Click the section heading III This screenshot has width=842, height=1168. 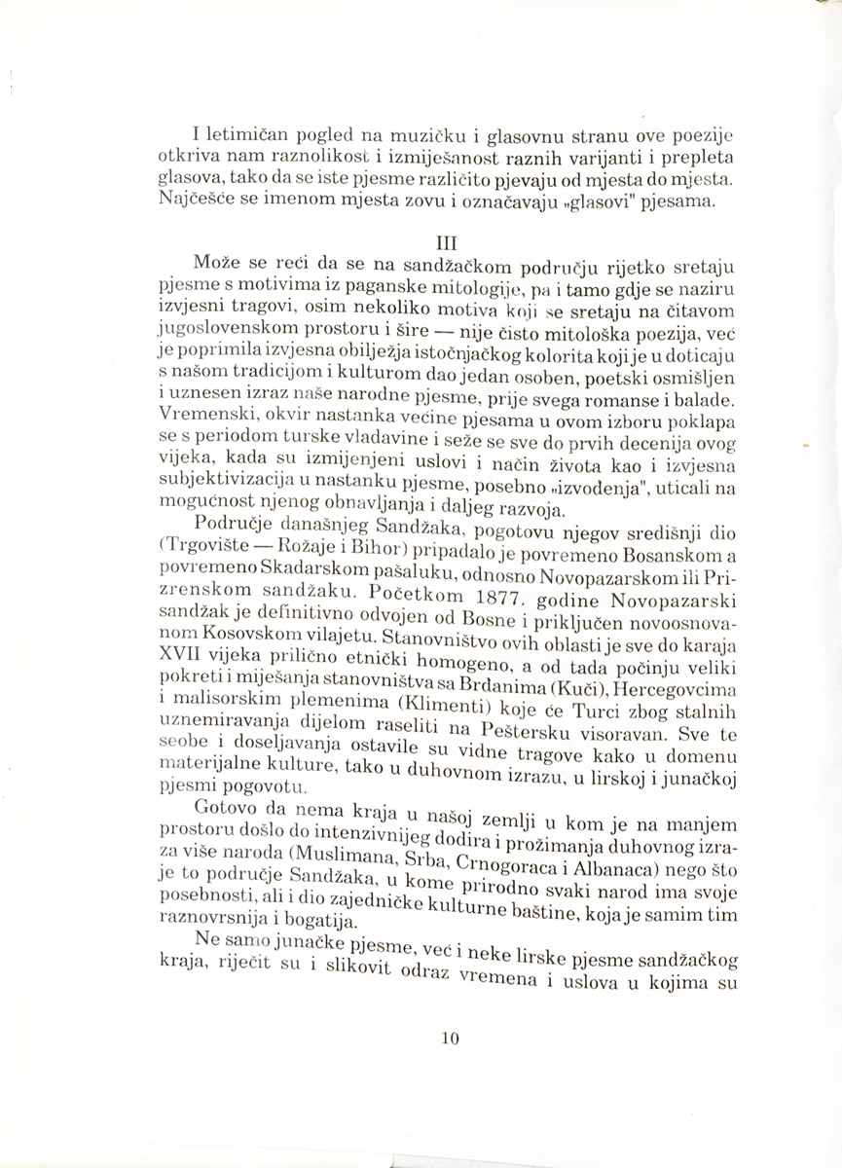450,240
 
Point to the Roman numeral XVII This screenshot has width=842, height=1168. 174,655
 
